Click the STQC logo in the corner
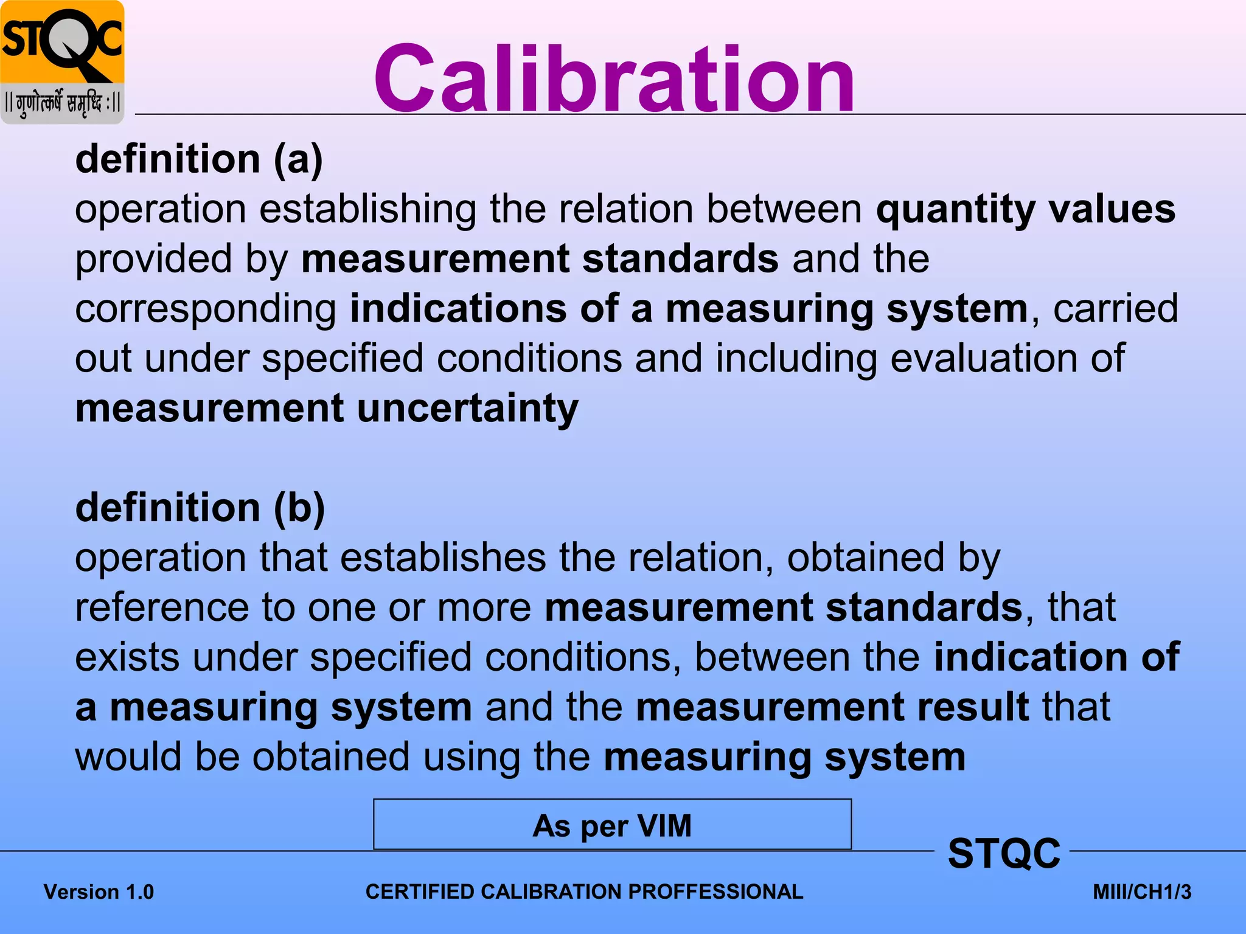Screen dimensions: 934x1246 62,62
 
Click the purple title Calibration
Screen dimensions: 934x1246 614,79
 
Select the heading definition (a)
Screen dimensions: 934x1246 199,159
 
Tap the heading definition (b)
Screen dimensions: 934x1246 200,508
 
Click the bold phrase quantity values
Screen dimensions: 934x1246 1026,209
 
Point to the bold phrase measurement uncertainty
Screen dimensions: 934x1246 327,409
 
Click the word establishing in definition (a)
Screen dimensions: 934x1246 367,209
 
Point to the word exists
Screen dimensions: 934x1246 127,657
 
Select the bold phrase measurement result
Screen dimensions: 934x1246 832,707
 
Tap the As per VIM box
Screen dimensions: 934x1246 612,825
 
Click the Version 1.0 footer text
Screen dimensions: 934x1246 99,892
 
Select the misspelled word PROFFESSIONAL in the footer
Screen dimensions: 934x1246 715,891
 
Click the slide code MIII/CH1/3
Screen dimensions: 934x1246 1142,892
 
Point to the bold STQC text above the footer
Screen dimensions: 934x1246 1004,853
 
